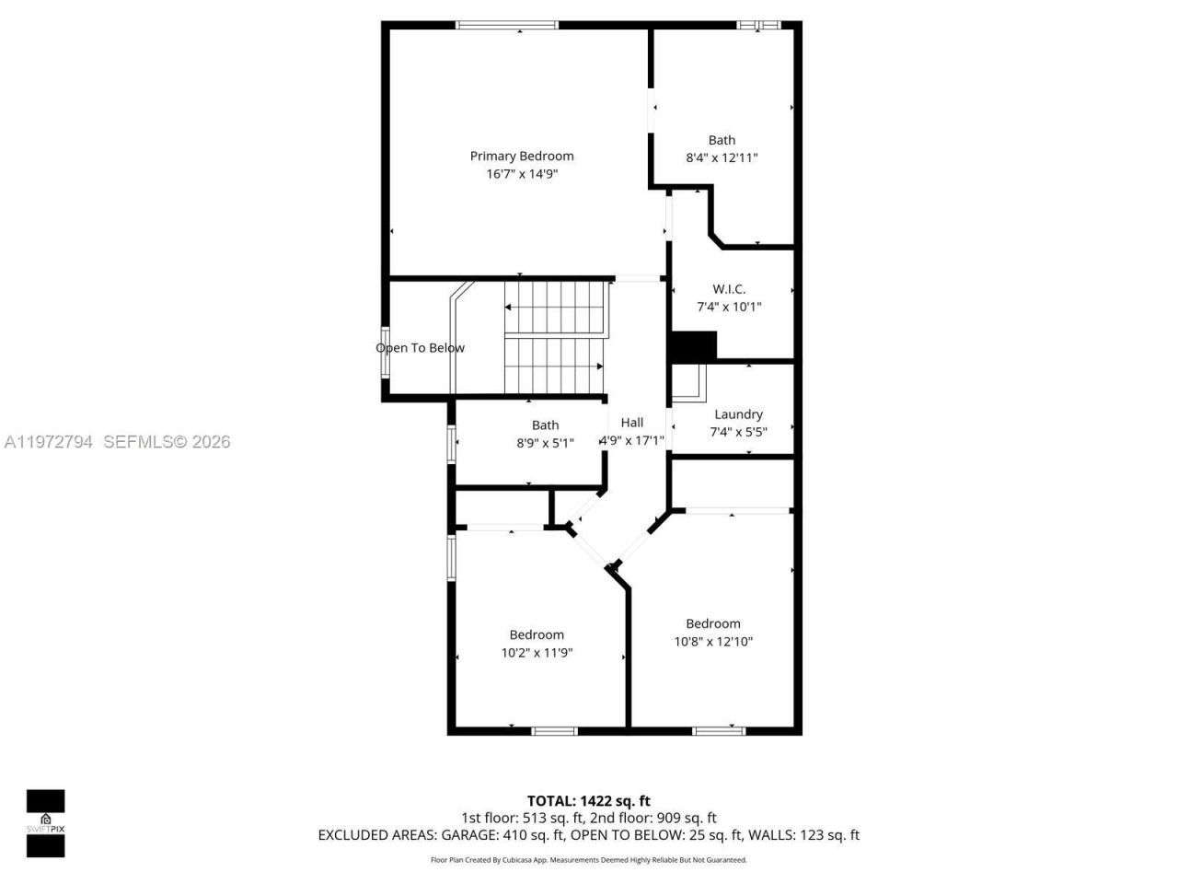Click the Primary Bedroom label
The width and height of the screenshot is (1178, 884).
point(521,157)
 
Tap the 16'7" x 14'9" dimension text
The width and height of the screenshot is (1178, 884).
point(522,174)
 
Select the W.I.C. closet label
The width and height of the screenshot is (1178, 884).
point(729,289)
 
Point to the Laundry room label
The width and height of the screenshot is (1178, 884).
point(738,414)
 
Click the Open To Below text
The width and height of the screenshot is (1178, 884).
point(420,348)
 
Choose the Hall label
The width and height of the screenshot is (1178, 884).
point(632,423)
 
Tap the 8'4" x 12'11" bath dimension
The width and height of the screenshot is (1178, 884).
point(722,157)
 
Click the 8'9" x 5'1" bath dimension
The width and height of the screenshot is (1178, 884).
point(545,443)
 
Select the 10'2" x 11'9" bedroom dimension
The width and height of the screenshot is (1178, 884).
point(537,653)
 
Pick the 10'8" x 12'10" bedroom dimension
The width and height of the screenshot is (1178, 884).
point(713,642)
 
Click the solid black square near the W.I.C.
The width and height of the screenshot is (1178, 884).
point(693,346)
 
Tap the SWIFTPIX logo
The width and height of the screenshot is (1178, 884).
point(45,823)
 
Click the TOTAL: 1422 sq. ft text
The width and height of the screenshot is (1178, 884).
point(588,801)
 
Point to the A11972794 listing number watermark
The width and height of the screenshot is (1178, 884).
point(48,442)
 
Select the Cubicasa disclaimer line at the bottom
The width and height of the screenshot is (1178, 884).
point(588,860)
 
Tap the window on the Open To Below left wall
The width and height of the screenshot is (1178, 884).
point(386,351)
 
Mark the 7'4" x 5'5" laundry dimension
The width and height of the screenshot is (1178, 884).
point(738,432)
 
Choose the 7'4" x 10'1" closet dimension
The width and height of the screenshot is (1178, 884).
point(729,307)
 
